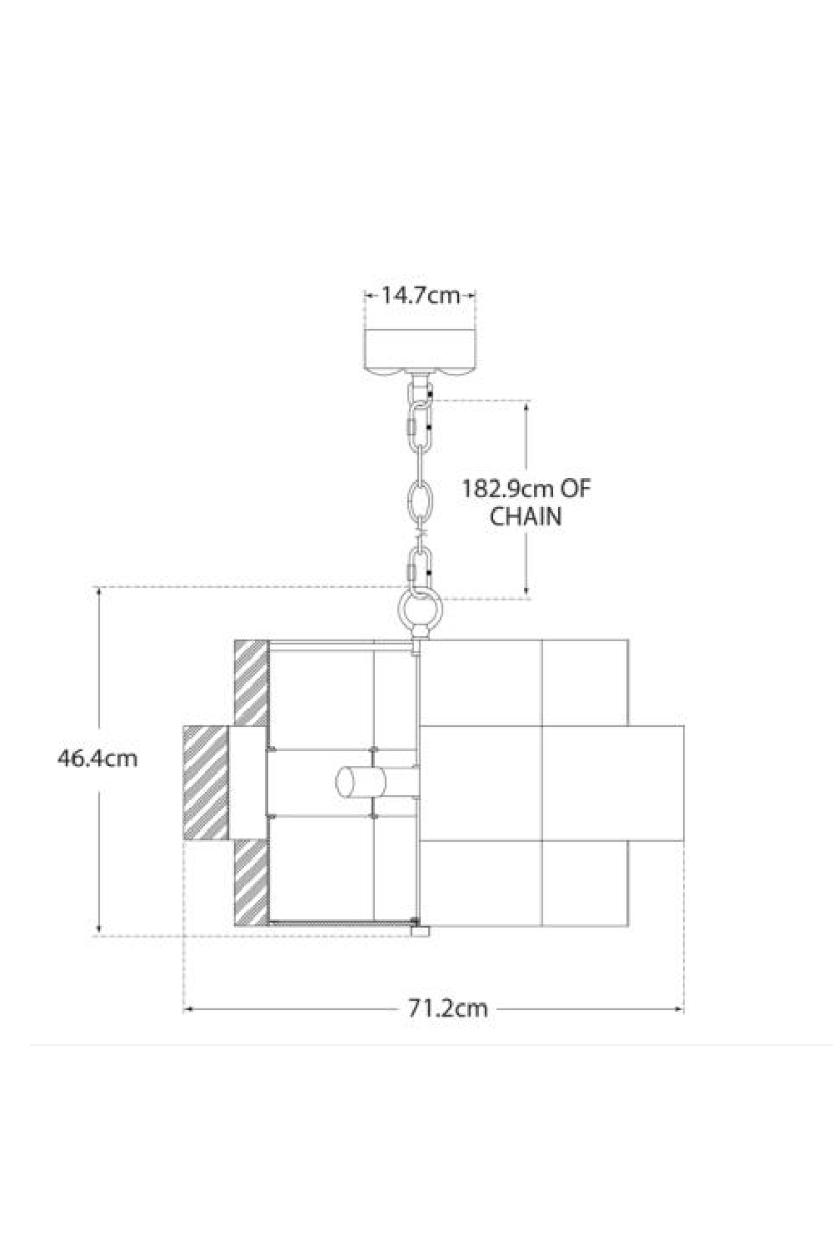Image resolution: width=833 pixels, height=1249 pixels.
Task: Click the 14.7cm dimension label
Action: [420, 296]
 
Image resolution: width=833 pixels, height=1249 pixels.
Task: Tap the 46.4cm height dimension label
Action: [97, 759]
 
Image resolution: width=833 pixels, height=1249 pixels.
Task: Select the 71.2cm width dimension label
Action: [447, 1008]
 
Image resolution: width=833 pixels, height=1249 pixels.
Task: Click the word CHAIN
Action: [526, 517]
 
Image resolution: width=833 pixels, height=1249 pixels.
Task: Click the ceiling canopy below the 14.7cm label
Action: [420, 351]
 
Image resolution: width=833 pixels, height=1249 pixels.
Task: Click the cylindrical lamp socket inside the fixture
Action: [361, 783]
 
